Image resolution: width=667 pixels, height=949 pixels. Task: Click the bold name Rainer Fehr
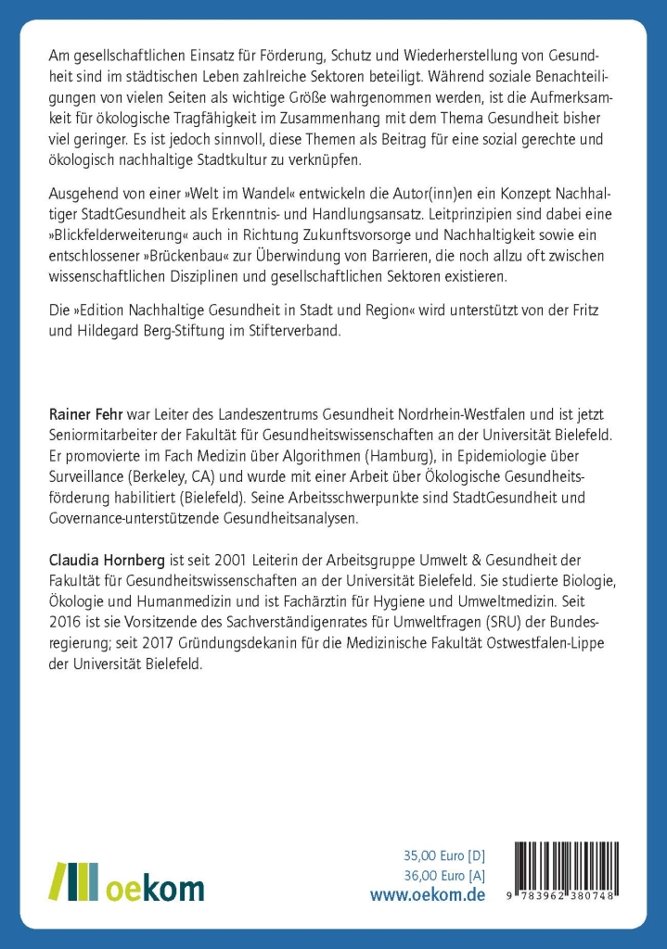(x=82, y=410)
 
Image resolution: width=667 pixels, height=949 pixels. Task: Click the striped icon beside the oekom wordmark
(x=72, y=881)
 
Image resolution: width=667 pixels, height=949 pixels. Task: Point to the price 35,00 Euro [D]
(x=443, y=855)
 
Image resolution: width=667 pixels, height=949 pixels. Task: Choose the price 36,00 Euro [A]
(x=443, y=875)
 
